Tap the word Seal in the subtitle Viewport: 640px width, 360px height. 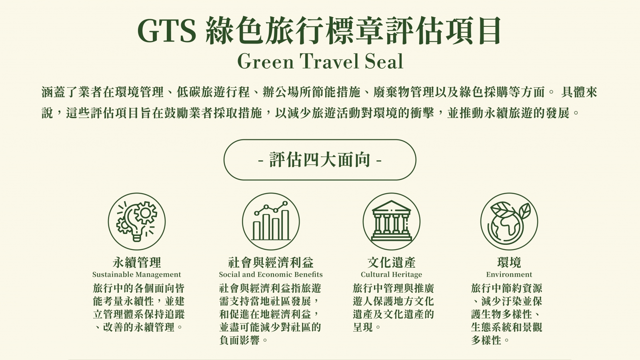384,61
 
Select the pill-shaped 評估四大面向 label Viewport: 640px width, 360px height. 320,160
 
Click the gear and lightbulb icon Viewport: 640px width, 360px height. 136,222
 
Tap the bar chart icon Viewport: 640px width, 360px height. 271,222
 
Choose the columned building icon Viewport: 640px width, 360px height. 392,222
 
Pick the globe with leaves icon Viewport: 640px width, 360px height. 509,222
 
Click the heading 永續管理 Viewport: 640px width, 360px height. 137,262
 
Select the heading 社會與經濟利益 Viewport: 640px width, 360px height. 271,262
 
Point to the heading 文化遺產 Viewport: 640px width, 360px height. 392,262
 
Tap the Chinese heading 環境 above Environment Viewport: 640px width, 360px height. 509,262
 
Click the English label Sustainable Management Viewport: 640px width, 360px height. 136,274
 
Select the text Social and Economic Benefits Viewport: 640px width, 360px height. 271,274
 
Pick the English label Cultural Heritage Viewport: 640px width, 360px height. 392,274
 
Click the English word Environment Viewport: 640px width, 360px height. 509,274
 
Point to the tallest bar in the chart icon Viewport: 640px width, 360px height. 285,225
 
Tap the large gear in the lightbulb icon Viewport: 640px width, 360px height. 146,212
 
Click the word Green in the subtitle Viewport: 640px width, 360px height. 266,61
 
